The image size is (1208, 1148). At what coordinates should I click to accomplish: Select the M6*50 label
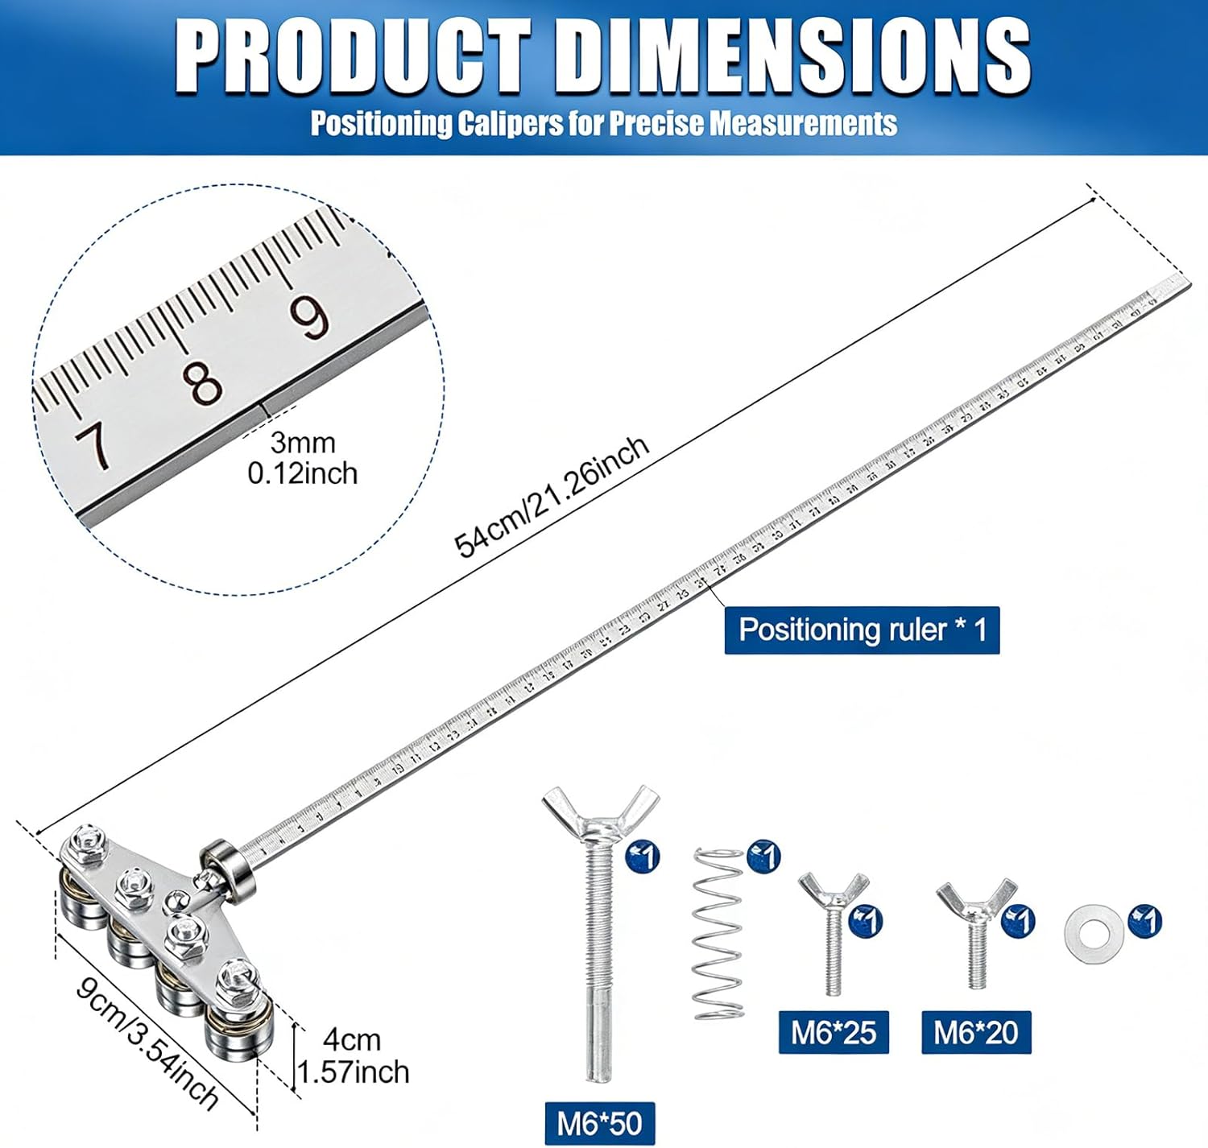tap(599, 1123)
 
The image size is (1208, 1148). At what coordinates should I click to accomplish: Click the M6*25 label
tap(834, 1032)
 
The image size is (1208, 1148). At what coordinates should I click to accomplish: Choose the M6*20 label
tap(976, 1032)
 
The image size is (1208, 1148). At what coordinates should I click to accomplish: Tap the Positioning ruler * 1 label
tap(862, 630)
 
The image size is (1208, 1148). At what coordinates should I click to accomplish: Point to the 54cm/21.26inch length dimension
tap(552, 497)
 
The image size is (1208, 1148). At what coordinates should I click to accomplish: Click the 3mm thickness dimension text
tap(302, 443)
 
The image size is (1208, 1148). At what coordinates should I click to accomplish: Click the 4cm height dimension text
tap(352, 1040)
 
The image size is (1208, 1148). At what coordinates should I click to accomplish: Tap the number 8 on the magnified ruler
tap(205, 382)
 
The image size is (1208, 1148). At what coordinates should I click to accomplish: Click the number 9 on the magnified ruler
tap(310, 316)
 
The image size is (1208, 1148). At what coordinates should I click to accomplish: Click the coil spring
tap(718, 934)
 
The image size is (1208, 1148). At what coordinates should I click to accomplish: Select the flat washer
tap(1092, 934)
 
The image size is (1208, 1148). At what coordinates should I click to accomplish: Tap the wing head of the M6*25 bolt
tap(834, 891)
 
